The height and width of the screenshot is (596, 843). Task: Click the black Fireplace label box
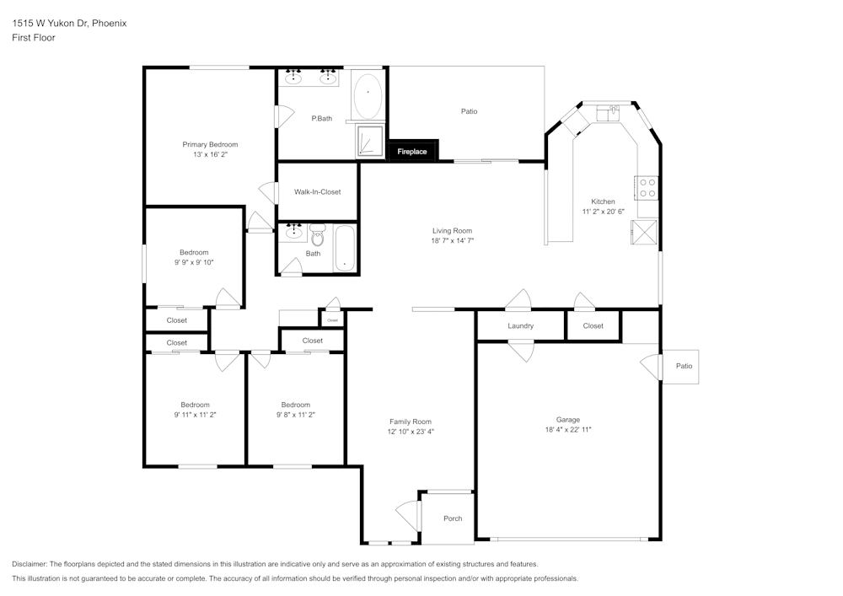412,151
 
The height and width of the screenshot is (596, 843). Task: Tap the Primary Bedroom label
210,145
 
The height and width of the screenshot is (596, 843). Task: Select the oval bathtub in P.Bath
368,97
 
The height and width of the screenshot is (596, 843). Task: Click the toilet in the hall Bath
317,235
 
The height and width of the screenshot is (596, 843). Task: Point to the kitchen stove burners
647,187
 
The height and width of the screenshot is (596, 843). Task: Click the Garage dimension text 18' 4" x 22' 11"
567,430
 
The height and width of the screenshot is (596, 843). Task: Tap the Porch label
453,518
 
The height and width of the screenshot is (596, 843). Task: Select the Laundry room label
520,326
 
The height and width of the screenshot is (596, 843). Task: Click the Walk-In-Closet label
317,192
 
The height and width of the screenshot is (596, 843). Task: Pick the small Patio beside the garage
684,366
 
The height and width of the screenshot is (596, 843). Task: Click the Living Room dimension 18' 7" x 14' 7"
452,241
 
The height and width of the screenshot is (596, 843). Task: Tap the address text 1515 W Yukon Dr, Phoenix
69,24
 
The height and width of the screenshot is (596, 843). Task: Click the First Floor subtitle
34,38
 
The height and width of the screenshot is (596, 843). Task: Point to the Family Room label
410,421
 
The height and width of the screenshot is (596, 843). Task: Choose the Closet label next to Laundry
593,326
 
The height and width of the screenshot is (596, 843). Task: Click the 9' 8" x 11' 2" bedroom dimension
296,415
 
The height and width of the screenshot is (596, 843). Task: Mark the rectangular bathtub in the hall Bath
346,249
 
